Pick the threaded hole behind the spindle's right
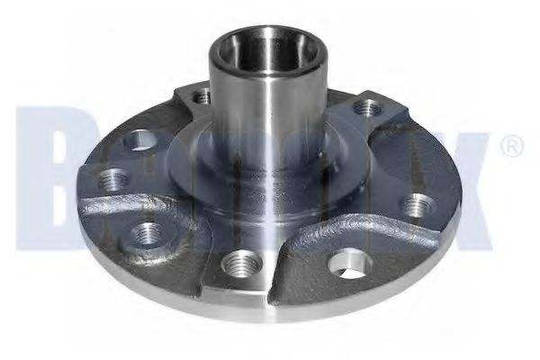364,109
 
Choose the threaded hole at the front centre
238,265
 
